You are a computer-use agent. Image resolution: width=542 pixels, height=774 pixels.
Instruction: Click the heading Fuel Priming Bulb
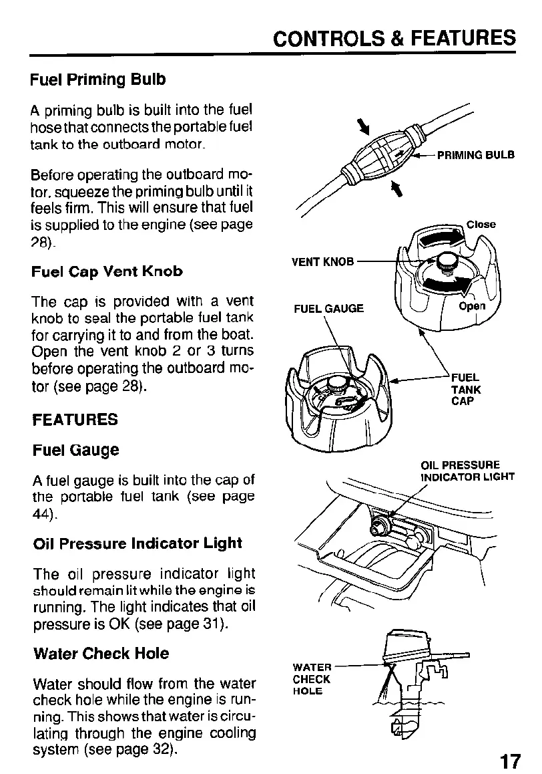coord(98,80)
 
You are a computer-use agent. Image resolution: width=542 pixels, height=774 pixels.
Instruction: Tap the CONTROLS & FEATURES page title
coord(396,39)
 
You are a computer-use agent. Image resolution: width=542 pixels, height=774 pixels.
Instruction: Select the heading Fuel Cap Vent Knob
coord(107,271)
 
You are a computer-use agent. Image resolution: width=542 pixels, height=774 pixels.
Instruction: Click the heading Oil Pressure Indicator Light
coord(138,543)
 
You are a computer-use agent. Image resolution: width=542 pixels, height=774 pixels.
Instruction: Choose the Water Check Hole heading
coord(101,653)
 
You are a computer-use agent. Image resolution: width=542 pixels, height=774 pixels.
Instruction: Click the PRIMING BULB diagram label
coord(476,155)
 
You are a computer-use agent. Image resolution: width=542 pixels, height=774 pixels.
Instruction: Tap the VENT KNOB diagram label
coord(322,261)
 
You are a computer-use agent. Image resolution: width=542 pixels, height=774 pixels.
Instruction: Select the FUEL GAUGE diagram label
coord(329,308)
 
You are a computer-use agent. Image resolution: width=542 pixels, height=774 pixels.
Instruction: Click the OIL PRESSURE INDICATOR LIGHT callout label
coord(467,471)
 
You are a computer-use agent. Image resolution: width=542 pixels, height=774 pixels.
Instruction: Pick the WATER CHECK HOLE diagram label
coord(312,679)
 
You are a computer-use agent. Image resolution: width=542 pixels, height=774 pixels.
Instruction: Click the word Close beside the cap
coord(481,225)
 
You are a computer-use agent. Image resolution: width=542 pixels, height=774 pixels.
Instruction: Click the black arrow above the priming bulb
coord(364,126)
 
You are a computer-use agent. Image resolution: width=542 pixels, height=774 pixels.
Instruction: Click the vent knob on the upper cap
coord(445,261)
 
